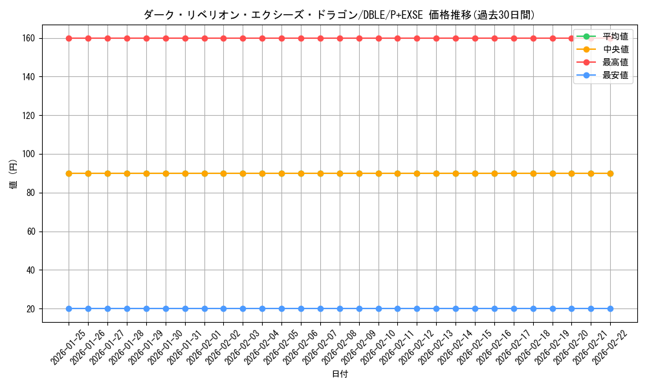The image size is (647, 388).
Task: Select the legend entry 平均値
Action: (615, 36)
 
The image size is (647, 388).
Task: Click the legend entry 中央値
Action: (615, 49)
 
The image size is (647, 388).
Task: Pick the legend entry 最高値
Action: (615, 62)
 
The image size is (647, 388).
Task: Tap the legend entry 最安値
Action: (615, 75)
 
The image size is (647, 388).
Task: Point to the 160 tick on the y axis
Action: (30, 38)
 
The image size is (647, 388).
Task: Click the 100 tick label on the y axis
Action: (30, 154)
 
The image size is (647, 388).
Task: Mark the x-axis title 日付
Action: (340, 374)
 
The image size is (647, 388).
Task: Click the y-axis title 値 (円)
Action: (14, 173)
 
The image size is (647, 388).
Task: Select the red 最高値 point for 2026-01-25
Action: (69, 38)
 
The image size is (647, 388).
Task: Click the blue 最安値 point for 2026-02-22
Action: (610, 309)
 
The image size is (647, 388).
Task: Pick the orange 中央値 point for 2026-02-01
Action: (204, 173)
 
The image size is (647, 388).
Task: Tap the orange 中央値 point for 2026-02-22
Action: (610, 173)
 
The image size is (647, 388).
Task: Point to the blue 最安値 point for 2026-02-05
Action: (281, 309)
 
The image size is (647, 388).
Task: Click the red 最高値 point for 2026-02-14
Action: (455, 38)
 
